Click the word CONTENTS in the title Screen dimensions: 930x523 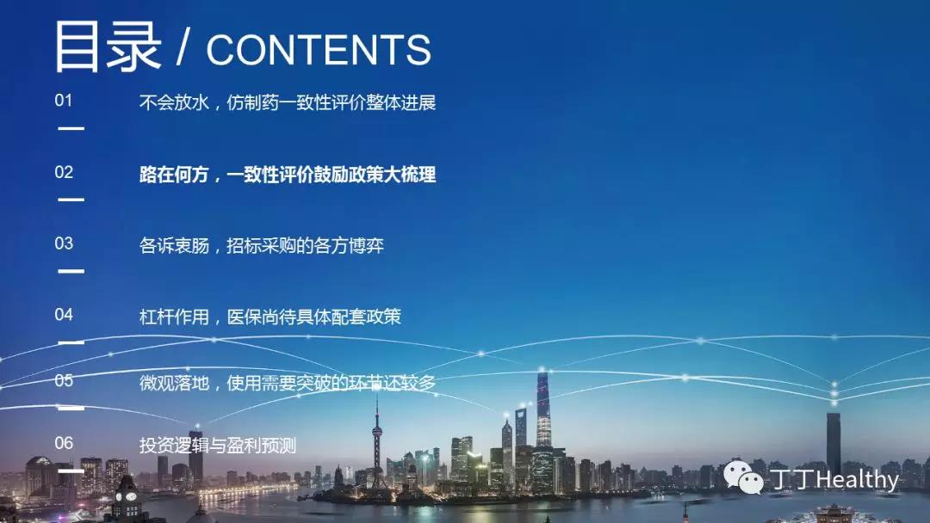[x=319, y=50]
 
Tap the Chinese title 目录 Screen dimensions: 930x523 [x=108, y=46]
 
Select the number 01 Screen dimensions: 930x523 [x=64, y=101]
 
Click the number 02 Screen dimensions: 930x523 [x=64, y=172]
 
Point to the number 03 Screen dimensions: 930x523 [x=64, y=243]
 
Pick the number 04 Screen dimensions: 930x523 [x=64, y=315]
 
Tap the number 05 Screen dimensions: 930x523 [x=64, y=380]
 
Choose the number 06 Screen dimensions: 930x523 [x=64, y=443]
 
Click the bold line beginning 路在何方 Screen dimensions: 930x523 [x=288, y=175]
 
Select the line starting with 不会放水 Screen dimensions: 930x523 [x=288, y=102]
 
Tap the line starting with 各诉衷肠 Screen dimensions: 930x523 [x=262, y=246]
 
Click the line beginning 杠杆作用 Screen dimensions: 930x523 [x=270, y=317]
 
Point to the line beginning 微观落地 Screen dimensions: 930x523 [x=288, y=383]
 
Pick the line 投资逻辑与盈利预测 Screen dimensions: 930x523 [x=218, y=446]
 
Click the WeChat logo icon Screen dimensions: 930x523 [x=743, y=477]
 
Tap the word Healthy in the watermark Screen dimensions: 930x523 [x=858, y=479]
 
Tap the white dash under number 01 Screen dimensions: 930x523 [x=71, y=128]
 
